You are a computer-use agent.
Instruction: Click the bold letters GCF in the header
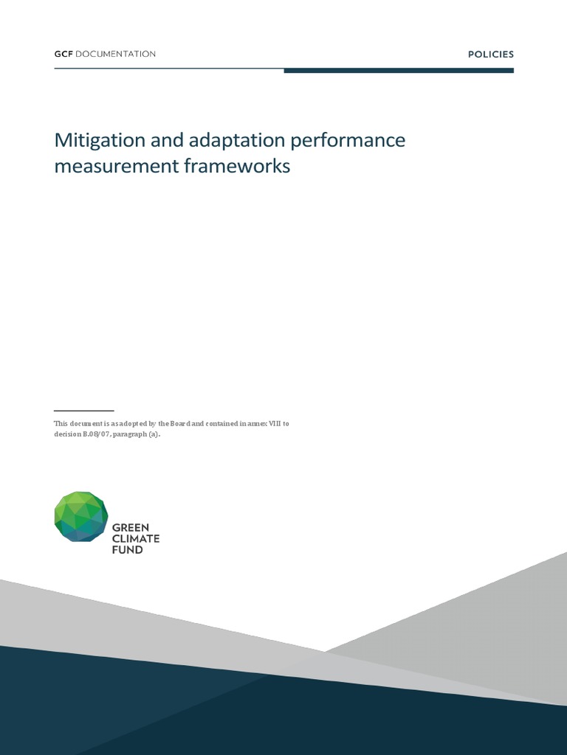pyautogui.click(x=63, y=54)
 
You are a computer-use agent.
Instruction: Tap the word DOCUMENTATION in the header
pyautogui.click(x=115, y=54)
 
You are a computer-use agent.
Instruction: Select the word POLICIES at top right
pyautogui.click(x=491, y=55)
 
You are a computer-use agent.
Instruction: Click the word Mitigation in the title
pyautogui.click(x=100, y=141)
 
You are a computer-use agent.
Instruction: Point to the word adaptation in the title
pyautogui.click(x=237, y=141)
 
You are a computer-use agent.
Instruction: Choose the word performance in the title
pyautogui.click(x=348, y=141)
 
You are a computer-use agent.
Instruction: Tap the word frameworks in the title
pyautogui.click(x=237, y=165)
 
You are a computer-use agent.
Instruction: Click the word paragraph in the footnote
pyautogui.click(x=130, y=434)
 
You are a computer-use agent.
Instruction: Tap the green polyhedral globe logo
pyautogui.click(x=81, y=517)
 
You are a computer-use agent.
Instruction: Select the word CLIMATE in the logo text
pyautogui.click(x=136, y=539)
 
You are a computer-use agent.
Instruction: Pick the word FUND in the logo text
pyautogui.click(x=127, y=550)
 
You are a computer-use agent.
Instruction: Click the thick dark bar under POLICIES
pyautogui.click(x=399, y=71)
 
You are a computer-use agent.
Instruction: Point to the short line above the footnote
pyautogui.click(x=84, y=411)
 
